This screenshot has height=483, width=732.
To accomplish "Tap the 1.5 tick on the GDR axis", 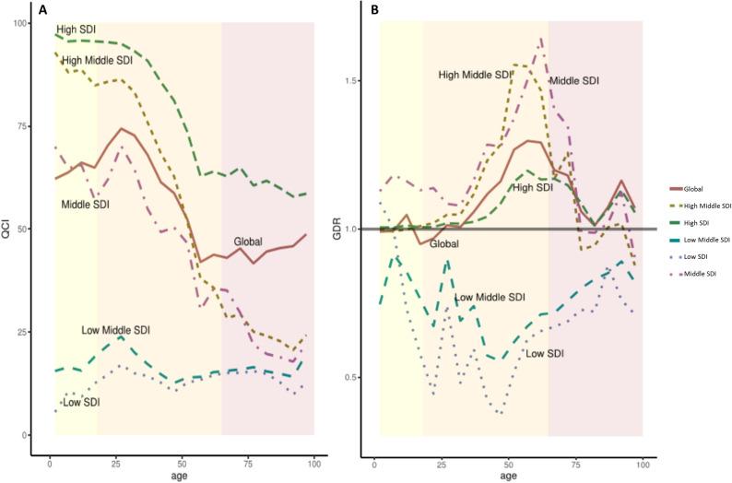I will [350, 81].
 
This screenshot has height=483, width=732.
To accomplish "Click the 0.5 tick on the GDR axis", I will [350, 378].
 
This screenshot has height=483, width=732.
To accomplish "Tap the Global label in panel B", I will [446, 244].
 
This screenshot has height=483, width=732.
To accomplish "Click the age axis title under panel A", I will [182, 474].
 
